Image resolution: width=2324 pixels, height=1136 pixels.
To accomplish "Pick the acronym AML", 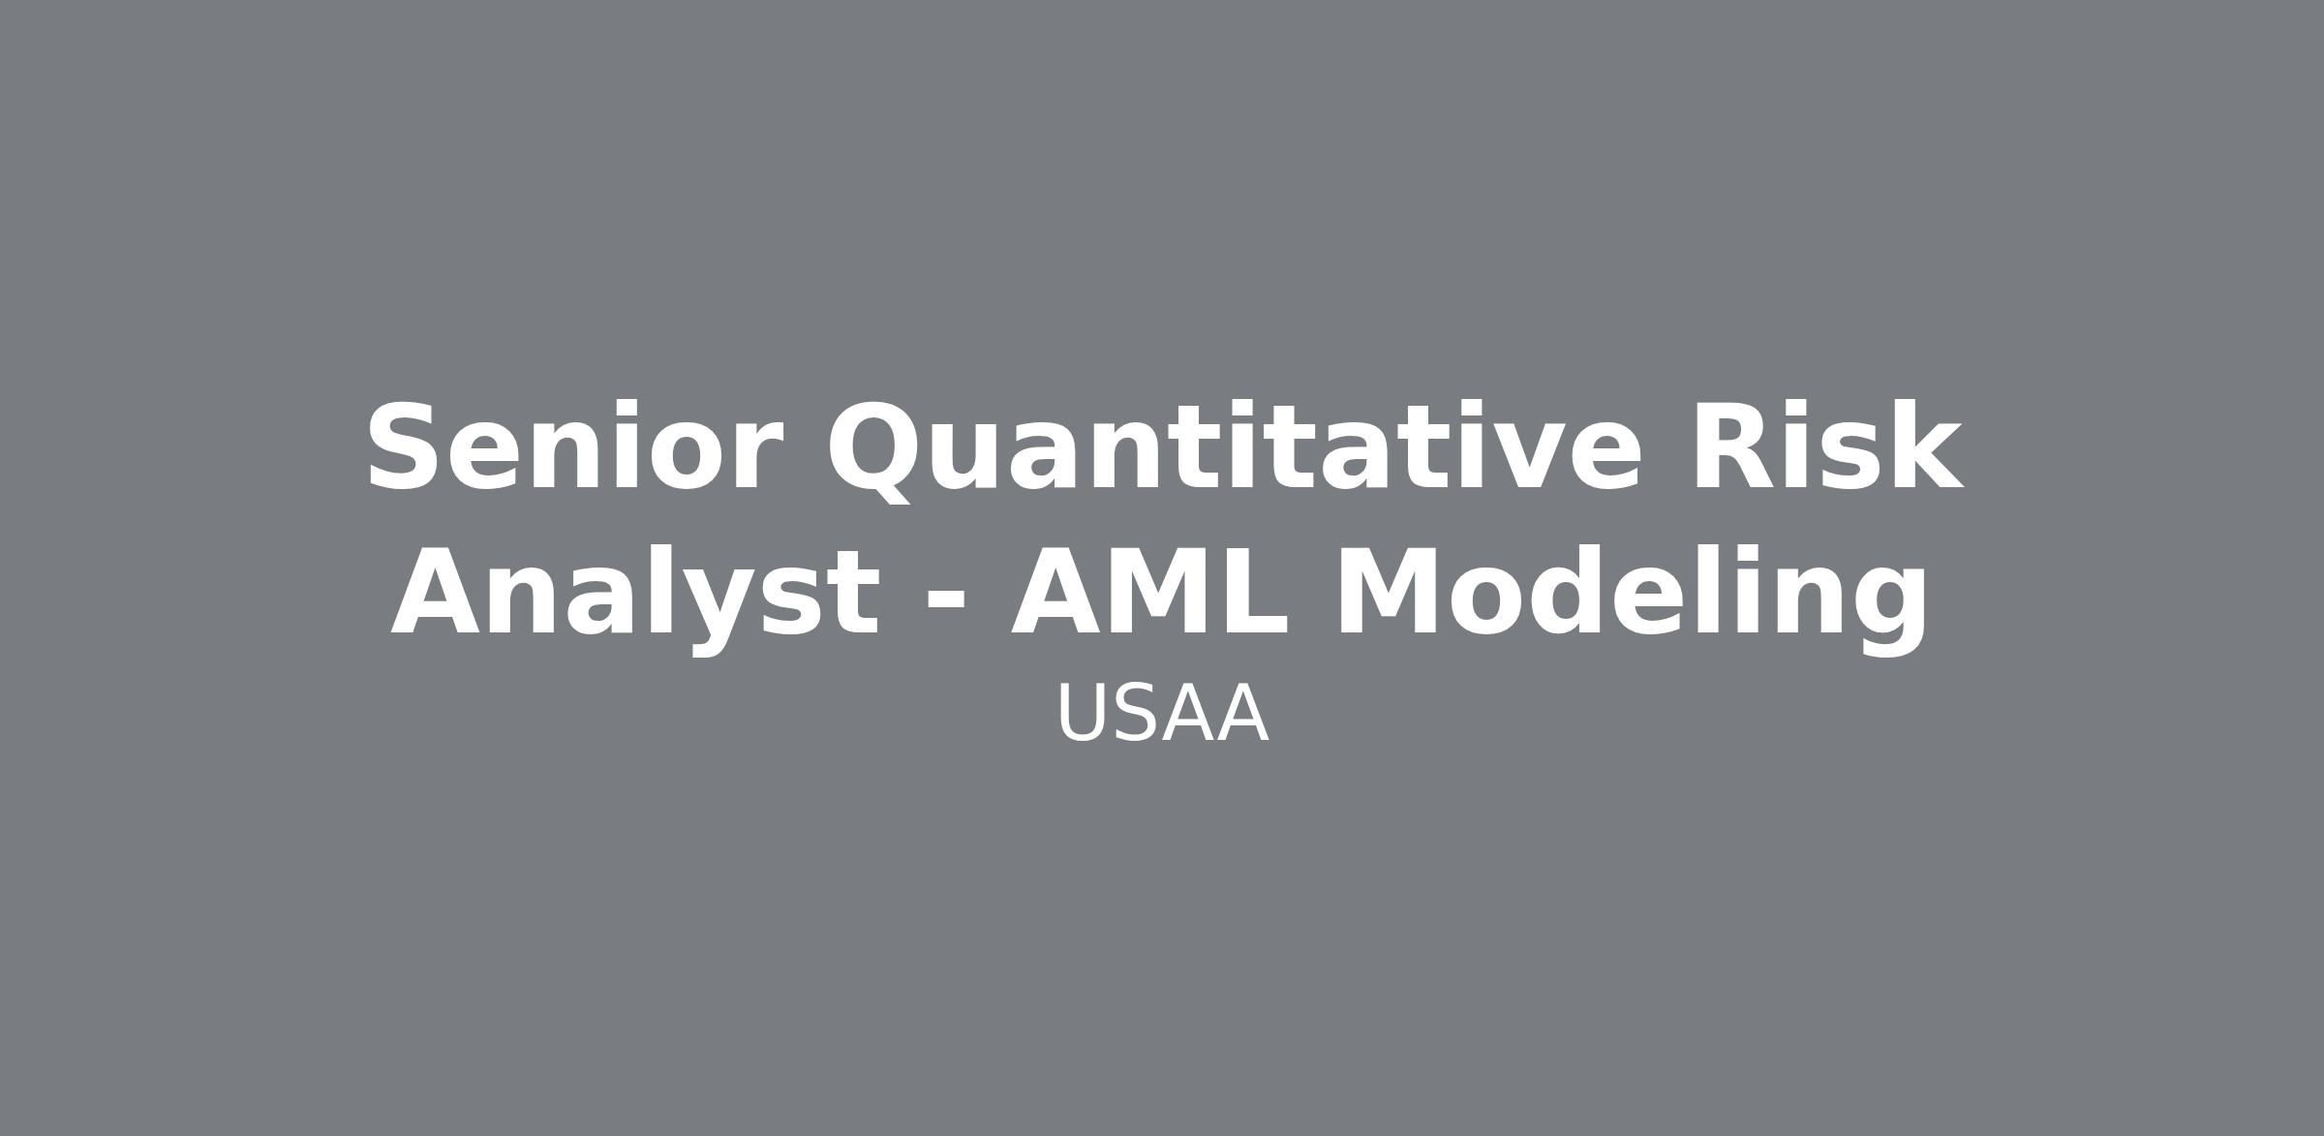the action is pyautogui.click(x=1148, y=592).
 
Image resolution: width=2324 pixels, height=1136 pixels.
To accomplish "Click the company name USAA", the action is pyautogui.click(x=1162, y=715).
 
